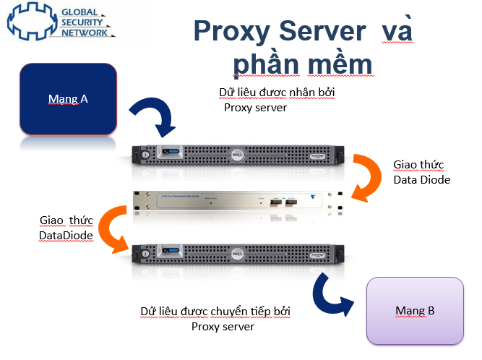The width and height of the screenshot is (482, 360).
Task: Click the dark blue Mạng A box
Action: pyautogui.click(x=69, y=99)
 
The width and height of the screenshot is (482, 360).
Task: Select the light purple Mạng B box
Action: pyautogui.click(x=415, y=311)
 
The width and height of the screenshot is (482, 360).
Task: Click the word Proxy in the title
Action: pyautogui.click(x=236, y=33)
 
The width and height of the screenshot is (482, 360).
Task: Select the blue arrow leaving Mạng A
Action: pyautogui.click(x=154, y=116)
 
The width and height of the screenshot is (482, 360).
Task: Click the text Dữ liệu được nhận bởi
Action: pyautogui.click(x=277, y=93)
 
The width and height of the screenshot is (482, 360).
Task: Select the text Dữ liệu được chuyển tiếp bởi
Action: pyautogui.click(x=222, y=312)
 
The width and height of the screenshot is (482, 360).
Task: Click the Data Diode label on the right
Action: pyautogui.click(x=421, y=179)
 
